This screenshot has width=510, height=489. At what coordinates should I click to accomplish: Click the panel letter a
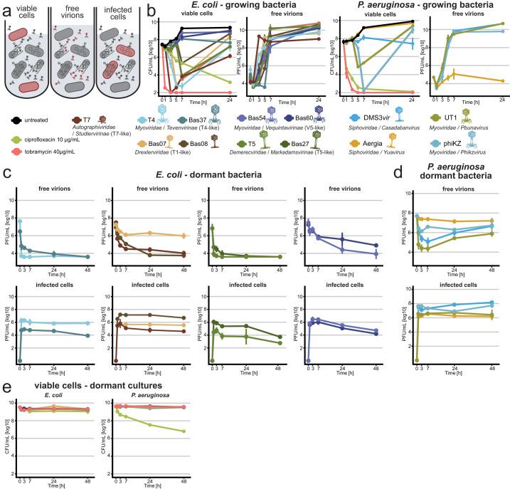tap(6, 6)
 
